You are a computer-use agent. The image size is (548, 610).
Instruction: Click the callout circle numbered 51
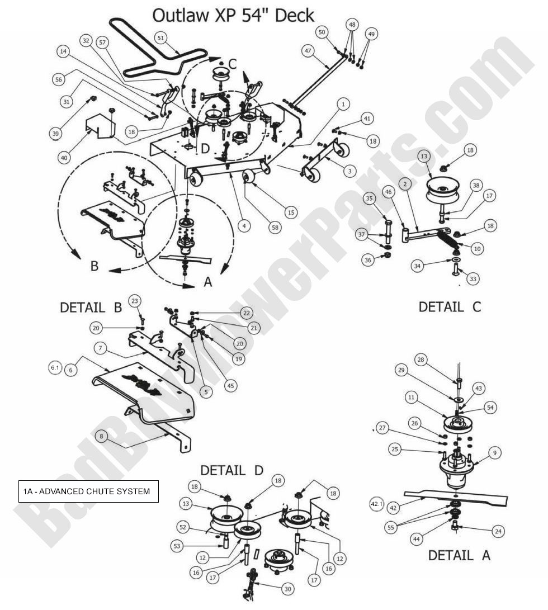tap(162, 37)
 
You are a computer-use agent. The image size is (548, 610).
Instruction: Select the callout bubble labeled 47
tap(308, 50)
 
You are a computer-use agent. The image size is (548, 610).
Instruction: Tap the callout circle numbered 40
tap(64, 158)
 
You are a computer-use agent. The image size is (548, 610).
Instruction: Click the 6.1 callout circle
tap(55, 367)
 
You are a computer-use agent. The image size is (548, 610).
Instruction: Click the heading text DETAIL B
tap(91, 307)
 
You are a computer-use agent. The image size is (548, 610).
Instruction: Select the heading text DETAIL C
tap(449, 306)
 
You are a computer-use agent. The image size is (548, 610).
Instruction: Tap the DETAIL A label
tap(459, 555)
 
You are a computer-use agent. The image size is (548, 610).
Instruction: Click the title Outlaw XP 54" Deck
tap(233, 15)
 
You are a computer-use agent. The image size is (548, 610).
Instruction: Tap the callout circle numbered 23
tap(135, 300)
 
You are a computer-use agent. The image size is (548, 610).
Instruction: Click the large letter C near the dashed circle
tap(233, 64)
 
